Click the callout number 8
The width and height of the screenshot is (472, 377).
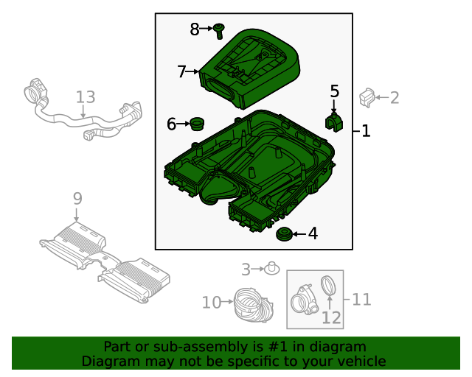[195, 29]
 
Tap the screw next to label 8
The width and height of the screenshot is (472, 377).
[219, 30]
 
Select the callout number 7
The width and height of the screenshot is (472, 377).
[182, 71]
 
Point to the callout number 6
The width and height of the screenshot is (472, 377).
[171, 124]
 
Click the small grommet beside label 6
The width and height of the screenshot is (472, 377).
[196, 123]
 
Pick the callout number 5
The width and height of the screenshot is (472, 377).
[334, 91]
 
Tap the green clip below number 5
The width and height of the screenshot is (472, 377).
[334, 121]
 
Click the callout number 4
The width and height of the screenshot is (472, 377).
[313, 234]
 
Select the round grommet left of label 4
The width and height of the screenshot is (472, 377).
[282, 235]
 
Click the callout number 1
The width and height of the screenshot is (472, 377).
[366, 132]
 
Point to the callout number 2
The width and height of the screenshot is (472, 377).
[395, 97]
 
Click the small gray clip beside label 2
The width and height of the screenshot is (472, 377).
[367, 96]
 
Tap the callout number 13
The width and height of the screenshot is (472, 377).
[86, 97]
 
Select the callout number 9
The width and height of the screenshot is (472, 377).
[77, 197]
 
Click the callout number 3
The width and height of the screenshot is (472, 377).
[246, 269]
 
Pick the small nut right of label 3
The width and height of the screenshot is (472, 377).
[271, 268]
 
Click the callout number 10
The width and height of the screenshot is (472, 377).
[212, 302]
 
